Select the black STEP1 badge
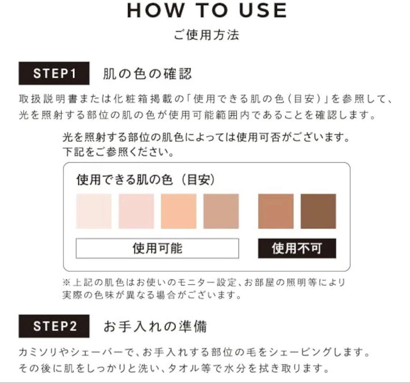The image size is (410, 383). tap(54, 73)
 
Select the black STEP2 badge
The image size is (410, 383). tap(54, 326)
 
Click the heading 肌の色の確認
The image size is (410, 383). tap(147, 73)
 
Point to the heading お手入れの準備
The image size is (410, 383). tap(155, 326)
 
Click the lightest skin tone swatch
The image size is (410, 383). tap(94, 211)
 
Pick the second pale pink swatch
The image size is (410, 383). tap(136, 211)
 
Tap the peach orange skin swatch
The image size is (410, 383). tap(179, 211)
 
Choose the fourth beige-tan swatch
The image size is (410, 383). tap(221, 211)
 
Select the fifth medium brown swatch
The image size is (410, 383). tap(276, 211)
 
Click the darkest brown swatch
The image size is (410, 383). tap(318, 211)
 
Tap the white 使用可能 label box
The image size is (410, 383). tap(157, 248)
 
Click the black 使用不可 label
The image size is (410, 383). tap(297, 249)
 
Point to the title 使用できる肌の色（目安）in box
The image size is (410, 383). tap(146, 180)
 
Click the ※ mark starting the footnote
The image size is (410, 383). tap(65, 283)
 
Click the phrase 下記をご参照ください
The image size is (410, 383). tap(118, 152)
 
